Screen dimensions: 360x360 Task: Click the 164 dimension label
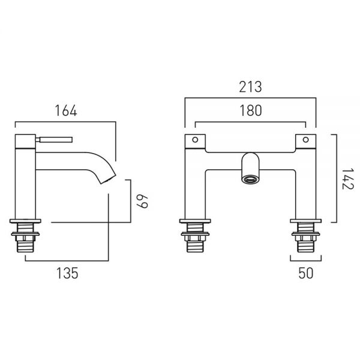point(66,110)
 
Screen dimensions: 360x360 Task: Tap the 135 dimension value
point(67,273)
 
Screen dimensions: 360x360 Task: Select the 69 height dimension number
point(142,202)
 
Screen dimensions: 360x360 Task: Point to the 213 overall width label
point(250,87)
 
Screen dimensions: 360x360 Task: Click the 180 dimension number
point(250,110)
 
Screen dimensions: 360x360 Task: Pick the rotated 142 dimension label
point(347,179)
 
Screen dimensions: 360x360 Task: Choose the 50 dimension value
point(305,273)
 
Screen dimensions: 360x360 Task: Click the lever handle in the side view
point(54,139)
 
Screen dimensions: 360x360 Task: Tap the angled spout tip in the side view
point(108,179)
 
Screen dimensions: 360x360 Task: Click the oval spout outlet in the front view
point(250,179)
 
